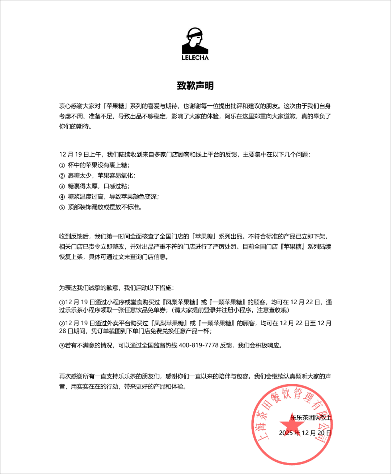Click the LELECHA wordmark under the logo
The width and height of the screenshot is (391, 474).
[195, 57]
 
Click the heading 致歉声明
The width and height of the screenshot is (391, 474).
[195, 86]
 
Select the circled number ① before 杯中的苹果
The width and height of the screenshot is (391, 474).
[62, 165]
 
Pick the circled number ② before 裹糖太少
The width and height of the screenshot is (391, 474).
[62, 175]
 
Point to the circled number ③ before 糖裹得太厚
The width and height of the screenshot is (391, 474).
[62, 186]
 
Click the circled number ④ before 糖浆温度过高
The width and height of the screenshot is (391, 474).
[62, 196]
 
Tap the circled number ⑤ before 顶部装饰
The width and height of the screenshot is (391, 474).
[62, 207]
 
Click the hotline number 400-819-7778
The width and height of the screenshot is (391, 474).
[198, 345]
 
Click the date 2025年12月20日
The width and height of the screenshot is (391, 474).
[305, 433]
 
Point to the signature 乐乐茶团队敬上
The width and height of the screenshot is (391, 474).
[311, 418]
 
